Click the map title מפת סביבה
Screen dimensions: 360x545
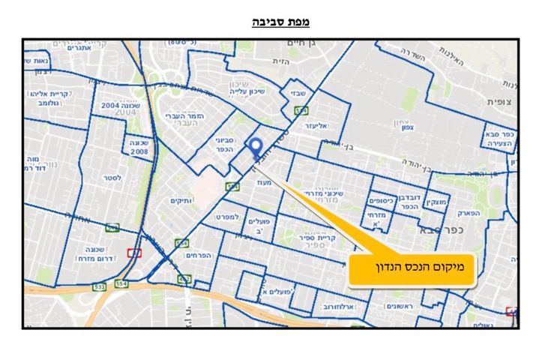(x=280, y=22)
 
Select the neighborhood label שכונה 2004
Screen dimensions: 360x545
(x=117, y=106)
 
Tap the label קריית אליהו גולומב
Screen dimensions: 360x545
(x=53, y=99)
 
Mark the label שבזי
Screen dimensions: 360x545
(x=297, y=93)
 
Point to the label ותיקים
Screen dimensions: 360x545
(x=181, y=200)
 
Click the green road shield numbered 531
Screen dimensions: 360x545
(x=99, y=286)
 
